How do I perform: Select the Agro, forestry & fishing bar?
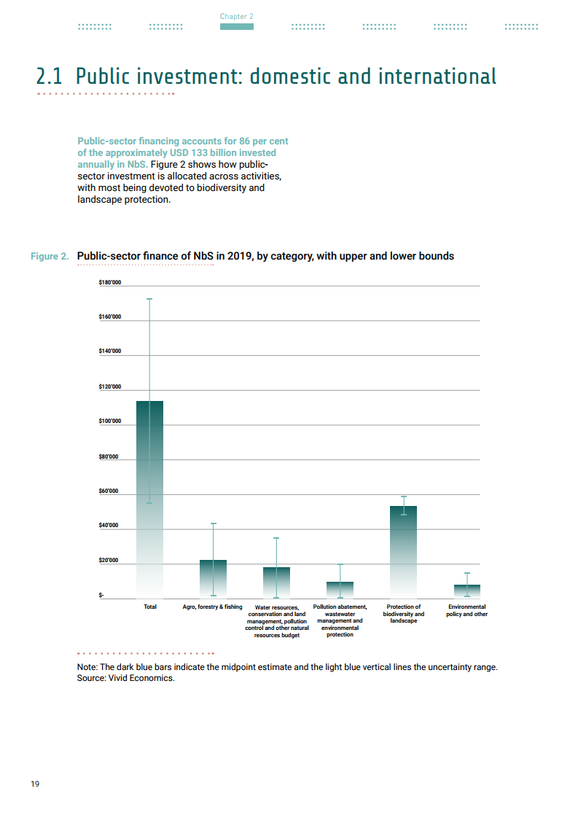(213, 578)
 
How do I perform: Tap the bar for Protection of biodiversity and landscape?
(403, 551)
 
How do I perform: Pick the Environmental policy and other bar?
(466, 591)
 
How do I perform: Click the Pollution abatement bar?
(340, 589)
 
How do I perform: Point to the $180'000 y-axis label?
(109, 282)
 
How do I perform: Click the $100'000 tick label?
(109, 421)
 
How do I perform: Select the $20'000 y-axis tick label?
(109, 561)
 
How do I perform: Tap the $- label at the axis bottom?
(101, 596)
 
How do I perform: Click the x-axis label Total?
(150, 607)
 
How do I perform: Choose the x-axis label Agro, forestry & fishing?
(212, 607)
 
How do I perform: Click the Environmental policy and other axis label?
(466, 610)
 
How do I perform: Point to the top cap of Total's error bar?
(149, 299)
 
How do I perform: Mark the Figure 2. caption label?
(50, 257)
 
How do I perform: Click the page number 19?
(35, 784)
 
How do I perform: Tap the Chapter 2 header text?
(237, 16)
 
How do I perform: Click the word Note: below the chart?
(87, 667)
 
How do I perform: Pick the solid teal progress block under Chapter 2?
(237, 27)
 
